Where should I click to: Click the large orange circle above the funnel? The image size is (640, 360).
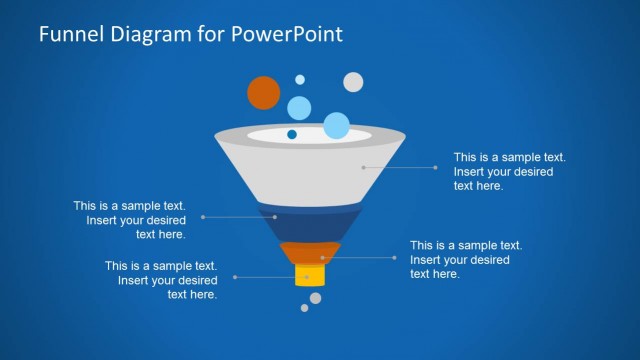pos(263,91)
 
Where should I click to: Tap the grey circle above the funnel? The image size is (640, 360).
pos(353,82)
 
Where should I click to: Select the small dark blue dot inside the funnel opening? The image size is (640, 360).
pos(292,134)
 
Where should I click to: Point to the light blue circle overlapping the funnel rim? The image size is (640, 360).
pos(336,126)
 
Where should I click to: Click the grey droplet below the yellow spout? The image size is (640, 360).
pos(316,297)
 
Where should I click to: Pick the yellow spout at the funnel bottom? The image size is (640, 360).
pos(305,276)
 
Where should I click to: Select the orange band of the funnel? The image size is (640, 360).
pos(304,253)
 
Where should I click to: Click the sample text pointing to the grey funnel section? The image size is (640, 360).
pos(510,171)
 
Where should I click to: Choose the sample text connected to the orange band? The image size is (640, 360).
pos(466,259)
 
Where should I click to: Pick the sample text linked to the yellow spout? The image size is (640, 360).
pos(161,280)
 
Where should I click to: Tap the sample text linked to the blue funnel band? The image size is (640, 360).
pos(129,220)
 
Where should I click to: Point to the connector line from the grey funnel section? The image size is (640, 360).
pos(400,167)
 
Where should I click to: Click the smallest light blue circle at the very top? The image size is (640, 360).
pos(299,79)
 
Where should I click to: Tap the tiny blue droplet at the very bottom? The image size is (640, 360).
pos(305,308)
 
